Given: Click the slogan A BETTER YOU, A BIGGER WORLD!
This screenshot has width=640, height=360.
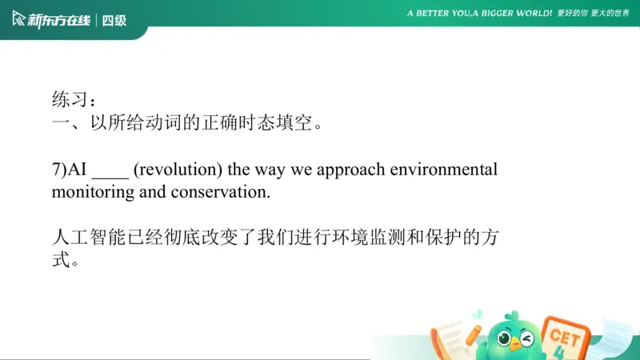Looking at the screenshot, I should pyautogui.click(x=479, y=14).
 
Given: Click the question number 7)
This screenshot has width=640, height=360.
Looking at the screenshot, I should pyautogui.click(x=60, y=170).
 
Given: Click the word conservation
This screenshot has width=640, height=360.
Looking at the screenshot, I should pyautogui.click(x=225, y=192).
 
